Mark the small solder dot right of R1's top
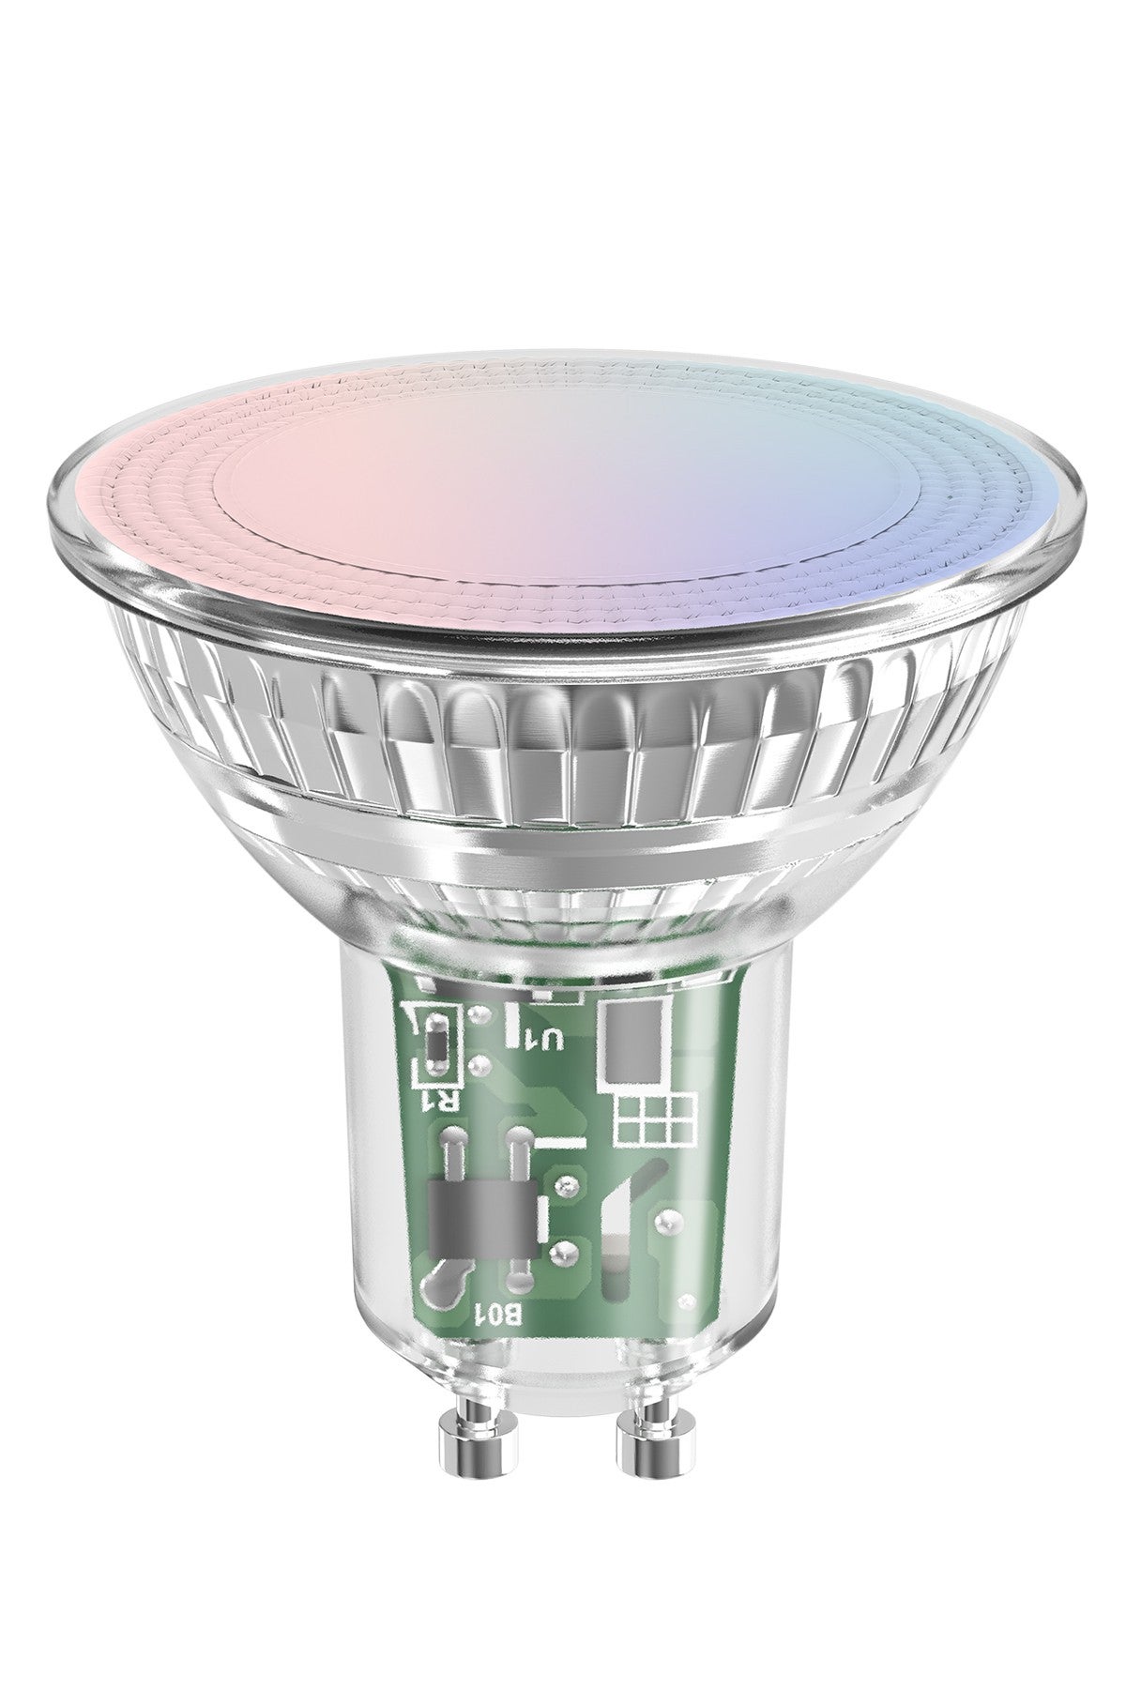coord(480,1014)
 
